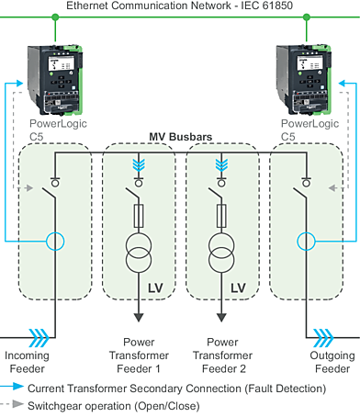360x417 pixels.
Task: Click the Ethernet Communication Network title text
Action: tap(179, 6)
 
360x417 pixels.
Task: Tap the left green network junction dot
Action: tap(55, 17)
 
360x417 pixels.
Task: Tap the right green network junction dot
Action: tap(307, 17)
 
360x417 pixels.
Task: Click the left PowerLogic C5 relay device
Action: tap(55, 80)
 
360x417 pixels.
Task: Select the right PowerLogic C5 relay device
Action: tap(304, 80)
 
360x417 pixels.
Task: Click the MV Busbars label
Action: tap(181, 137)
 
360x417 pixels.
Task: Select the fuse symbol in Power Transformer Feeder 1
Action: tap(139, 216)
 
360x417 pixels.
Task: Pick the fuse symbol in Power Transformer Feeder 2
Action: tap(221, 216)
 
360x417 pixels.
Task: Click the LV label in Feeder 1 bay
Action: tap(155, 288)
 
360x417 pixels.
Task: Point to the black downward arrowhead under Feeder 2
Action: tap(221, 318)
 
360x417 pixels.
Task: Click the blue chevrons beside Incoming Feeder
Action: tap(39, 338)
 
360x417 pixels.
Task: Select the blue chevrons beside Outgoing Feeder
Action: tap(323, 338)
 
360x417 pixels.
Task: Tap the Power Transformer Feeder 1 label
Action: tap(139, 355)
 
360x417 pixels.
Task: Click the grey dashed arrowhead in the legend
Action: tap(18, 404)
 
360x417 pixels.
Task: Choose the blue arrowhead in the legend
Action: tap(18, 387)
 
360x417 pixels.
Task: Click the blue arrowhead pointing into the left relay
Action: tap(19, 84)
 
